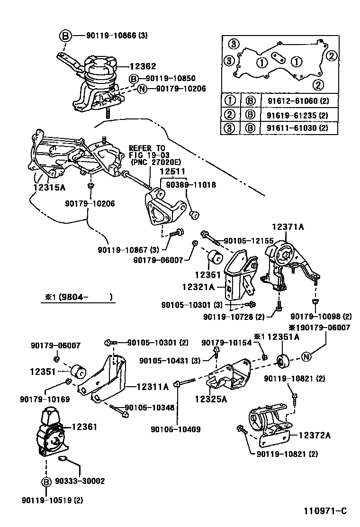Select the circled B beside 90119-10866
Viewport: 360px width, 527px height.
click(66, 36)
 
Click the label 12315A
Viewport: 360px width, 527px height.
click(49, 187)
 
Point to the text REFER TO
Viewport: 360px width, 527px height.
click(147, 148)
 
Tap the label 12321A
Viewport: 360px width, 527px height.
click(198, 287)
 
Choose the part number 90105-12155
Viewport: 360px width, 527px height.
click(248, 241)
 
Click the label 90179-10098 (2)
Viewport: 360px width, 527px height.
click(321, 317)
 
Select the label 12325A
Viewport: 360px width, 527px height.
click(210, 399)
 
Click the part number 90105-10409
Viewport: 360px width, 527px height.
click(175, 429)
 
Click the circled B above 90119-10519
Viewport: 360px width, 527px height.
click(46, 482)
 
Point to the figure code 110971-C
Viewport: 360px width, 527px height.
click(325, 511)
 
